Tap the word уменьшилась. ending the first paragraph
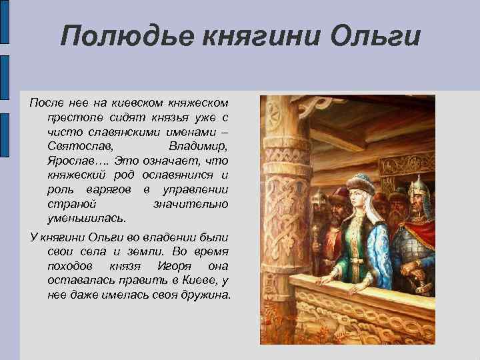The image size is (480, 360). click(x=86, y=217)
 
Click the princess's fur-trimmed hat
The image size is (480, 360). click(x=363, y=183)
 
